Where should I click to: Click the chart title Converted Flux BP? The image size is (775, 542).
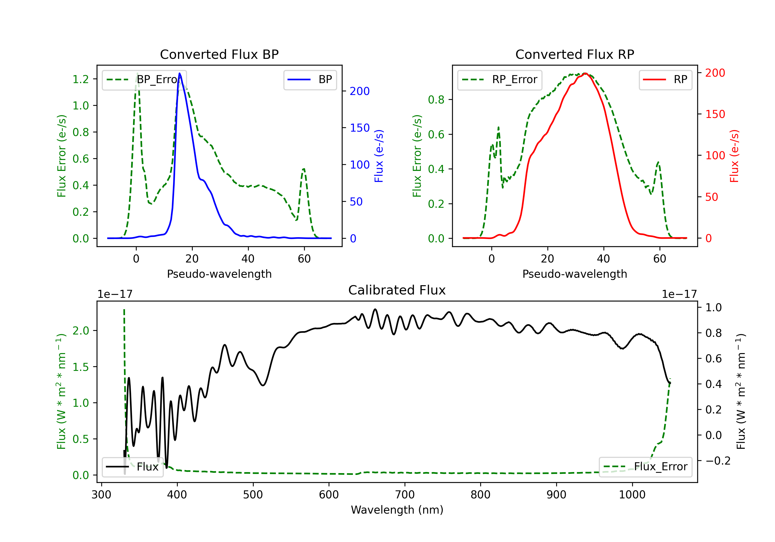(219, 54)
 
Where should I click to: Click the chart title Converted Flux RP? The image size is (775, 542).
(575, 54)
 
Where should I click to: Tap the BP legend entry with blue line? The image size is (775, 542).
(310, 79)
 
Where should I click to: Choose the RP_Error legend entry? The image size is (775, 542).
(500, 79)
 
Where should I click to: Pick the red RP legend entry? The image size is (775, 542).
(665, 79)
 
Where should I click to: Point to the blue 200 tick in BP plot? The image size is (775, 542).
(360, 91)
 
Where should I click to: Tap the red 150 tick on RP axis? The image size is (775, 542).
(715, 114)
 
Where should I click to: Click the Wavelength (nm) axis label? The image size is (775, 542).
(397, 510)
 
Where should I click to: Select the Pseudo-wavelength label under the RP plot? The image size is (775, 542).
(575, 274)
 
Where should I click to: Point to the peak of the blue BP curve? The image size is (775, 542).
(180, 74)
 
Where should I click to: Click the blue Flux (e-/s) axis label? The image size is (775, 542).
(379, 156)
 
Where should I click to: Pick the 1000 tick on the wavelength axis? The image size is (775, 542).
(632, 495)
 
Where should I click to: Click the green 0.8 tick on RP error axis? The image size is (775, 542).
(436, 100)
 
